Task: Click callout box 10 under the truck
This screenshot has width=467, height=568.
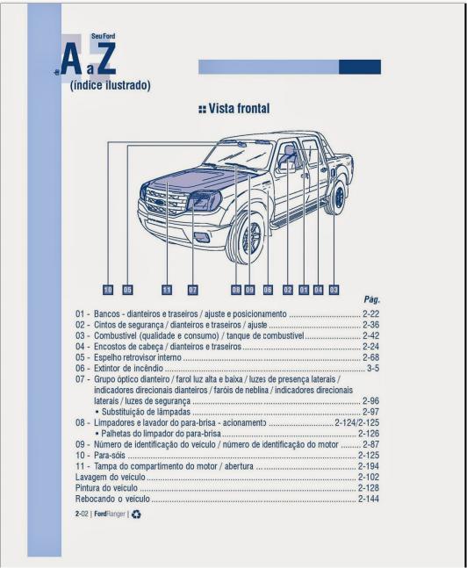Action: pyautogui.click(x=108, y=288)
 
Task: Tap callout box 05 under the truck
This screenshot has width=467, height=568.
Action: pyautogui.click(x=127, y=288)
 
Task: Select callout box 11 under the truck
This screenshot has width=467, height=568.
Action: pyautogui.click(x=167, y=288)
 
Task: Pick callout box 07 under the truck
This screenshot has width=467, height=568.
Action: pyautogui.click(x=193, y=288)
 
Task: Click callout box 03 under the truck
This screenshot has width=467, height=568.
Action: pyautogui.click(x=334, y=288)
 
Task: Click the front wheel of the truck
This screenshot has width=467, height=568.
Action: pyautogui.click(x=250, y=235)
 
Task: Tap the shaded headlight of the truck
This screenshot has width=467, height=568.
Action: pyautogui.click(x=205, y=201)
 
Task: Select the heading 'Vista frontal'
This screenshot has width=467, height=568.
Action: pyautogui.click(x=234, y=109)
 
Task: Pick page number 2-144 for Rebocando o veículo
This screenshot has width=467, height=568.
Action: pyautogui.click(x=368, y=498)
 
